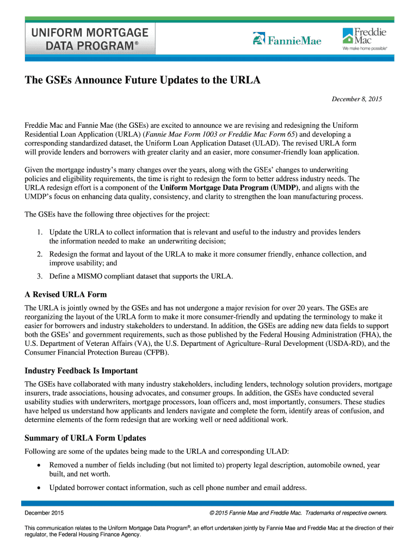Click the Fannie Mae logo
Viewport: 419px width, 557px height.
pyautogui.click(x=287, y=40)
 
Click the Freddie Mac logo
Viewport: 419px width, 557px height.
pyautogui.click(x=364, y=39)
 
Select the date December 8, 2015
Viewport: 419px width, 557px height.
pyautogui.click(x=358, y=99)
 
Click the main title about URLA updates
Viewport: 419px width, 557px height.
pyautogui.click(x=143, y=81)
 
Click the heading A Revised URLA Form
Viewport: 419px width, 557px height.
pyautogui.click(x=66, y=295)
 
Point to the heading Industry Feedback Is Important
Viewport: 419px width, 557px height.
pyautogui.click(x=81, y=371)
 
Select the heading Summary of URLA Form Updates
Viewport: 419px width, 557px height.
pyautogui.click(x=85, y=438)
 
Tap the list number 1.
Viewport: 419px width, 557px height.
pyautogui.click(x=40, y=232)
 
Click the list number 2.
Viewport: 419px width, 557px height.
pyautogui.click(x=40, y=254)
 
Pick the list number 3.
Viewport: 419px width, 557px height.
pyautogui.click(x=40, y=276)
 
